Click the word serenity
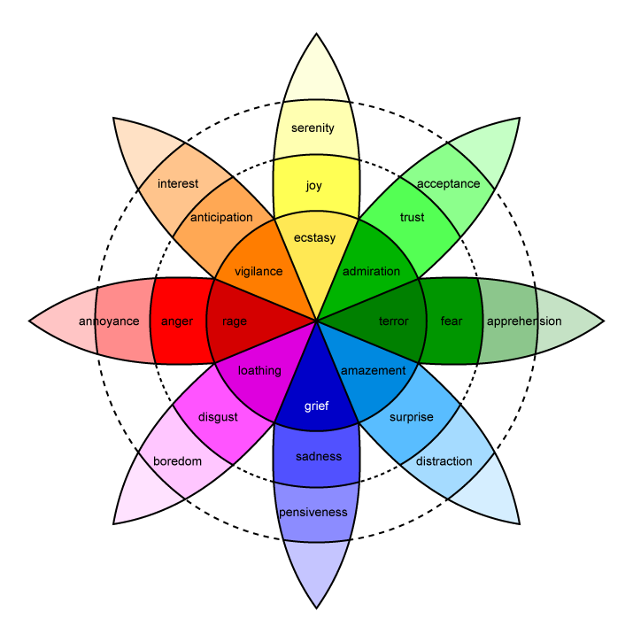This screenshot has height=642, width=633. pyautogui.click(x=313, y=128)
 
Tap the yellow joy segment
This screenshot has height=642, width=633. pyautogui.click(x=314, y=186)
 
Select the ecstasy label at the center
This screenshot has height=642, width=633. pyautogui.click(x=316, y=237)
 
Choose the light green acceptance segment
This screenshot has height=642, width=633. pyautogui.click(x=448, y=184)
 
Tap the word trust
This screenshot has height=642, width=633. pyautogui.click(x=412, y=218)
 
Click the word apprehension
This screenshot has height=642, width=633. pyautogui.click(x=524, y=321)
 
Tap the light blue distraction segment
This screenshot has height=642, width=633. pyautogui.click(x=444, y=461)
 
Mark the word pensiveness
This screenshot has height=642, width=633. pyautogui.click(x=313, y=513)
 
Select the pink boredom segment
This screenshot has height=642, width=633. pyautogui.click(x=178, y=461)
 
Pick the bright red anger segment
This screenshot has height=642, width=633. pyautogui.click(x=177, y=321)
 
